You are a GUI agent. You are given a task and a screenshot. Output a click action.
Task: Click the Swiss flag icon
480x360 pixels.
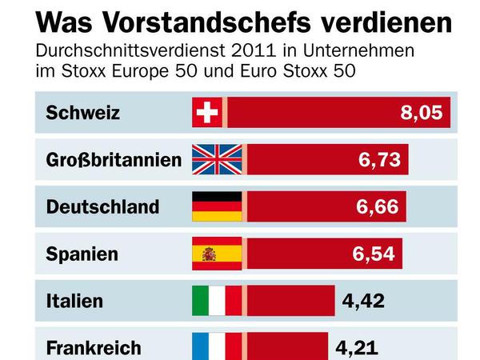[207, 113]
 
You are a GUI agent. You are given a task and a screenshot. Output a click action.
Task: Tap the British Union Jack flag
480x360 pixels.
[217, 160]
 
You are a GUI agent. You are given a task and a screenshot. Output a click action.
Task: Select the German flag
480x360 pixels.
[217, 206]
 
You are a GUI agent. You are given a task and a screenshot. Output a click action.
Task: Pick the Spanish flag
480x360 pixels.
[217, 254]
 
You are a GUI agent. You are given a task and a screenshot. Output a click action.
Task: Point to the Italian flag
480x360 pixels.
[217, 301]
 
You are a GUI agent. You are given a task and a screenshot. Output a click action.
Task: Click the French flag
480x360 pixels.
[217, 346]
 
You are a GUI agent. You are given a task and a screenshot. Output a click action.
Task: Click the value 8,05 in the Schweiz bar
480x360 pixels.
[421, 113]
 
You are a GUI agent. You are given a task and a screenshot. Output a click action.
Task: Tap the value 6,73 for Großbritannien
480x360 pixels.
[379, 160]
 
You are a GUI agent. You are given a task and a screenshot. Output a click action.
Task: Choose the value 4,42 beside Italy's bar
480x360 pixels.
[363, 301]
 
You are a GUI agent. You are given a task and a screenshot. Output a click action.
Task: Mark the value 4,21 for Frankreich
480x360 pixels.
[357, 347]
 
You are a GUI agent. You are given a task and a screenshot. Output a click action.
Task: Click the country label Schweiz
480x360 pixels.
[83, 113]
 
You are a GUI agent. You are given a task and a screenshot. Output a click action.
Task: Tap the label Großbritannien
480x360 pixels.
[114, 160]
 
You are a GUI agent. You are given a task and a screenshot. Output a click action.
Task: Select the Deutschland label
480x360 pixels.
[102, 206]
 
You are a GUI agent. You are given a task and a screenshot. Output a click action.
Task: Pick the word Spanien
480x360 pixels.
[82, 254]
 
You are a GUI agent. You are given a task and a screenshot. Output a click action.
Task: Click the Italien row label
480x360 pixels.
[74, 301]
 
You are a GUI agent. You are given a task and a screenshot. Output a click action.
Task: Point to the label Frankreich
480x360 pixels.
[94, 347]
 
